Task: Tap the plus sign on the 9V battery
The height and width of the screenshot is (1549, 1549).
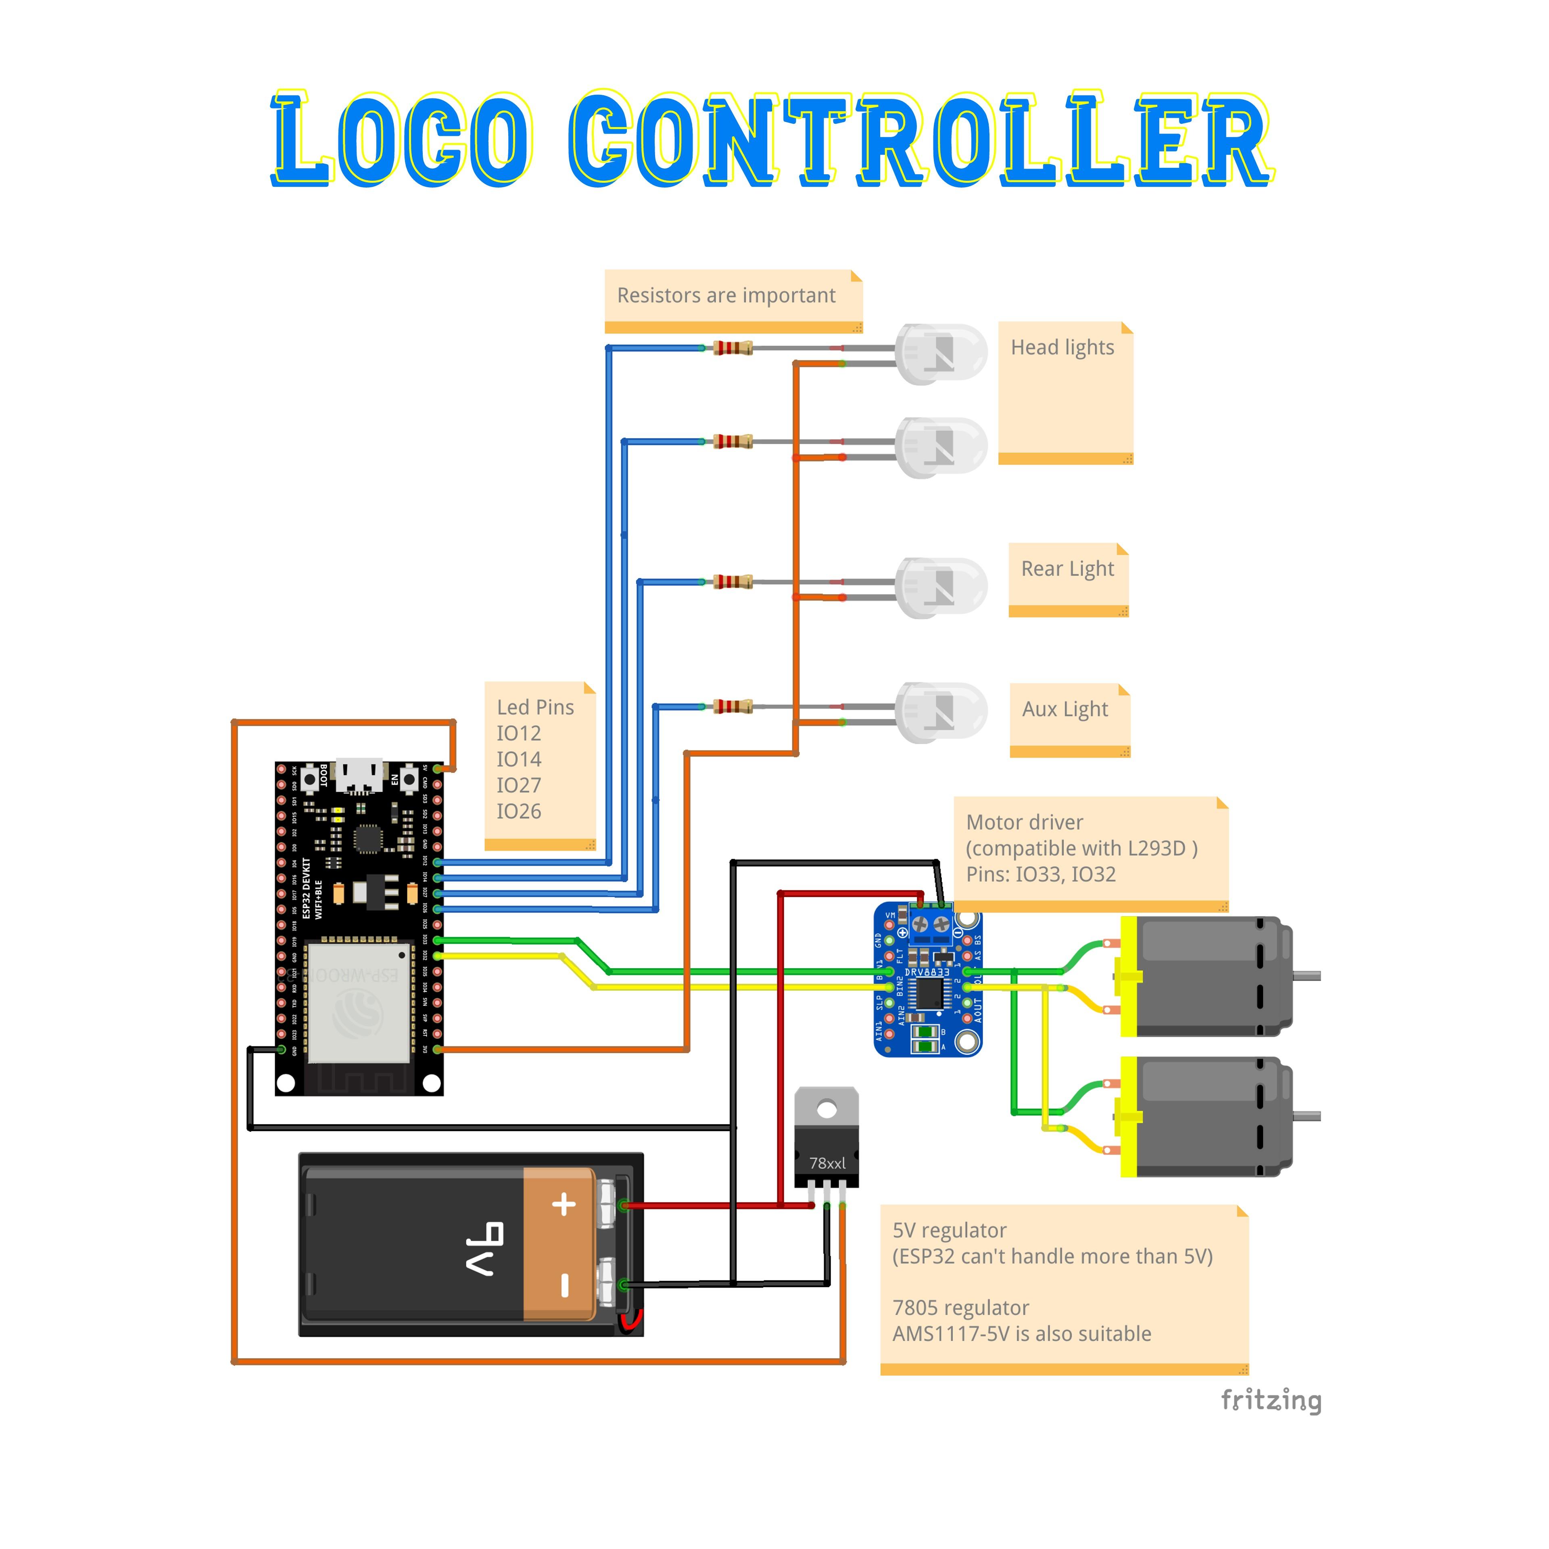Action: pyautogui.click(x=564, y=1204)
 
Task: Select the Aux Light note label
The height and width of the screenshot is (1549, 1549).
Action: pyautogui.click(x=1065, y=710)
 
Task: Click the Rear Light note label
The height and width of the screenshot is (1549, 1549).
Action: pyautogui.click(x=1067, y=569)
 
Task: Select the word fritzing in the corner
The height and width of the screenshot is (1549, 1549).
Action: pyautogui.click(x=1271, y=1401)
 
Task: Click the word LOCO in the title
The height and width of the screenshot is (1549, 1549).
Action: pyautogui.click(x=401, y=140)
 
